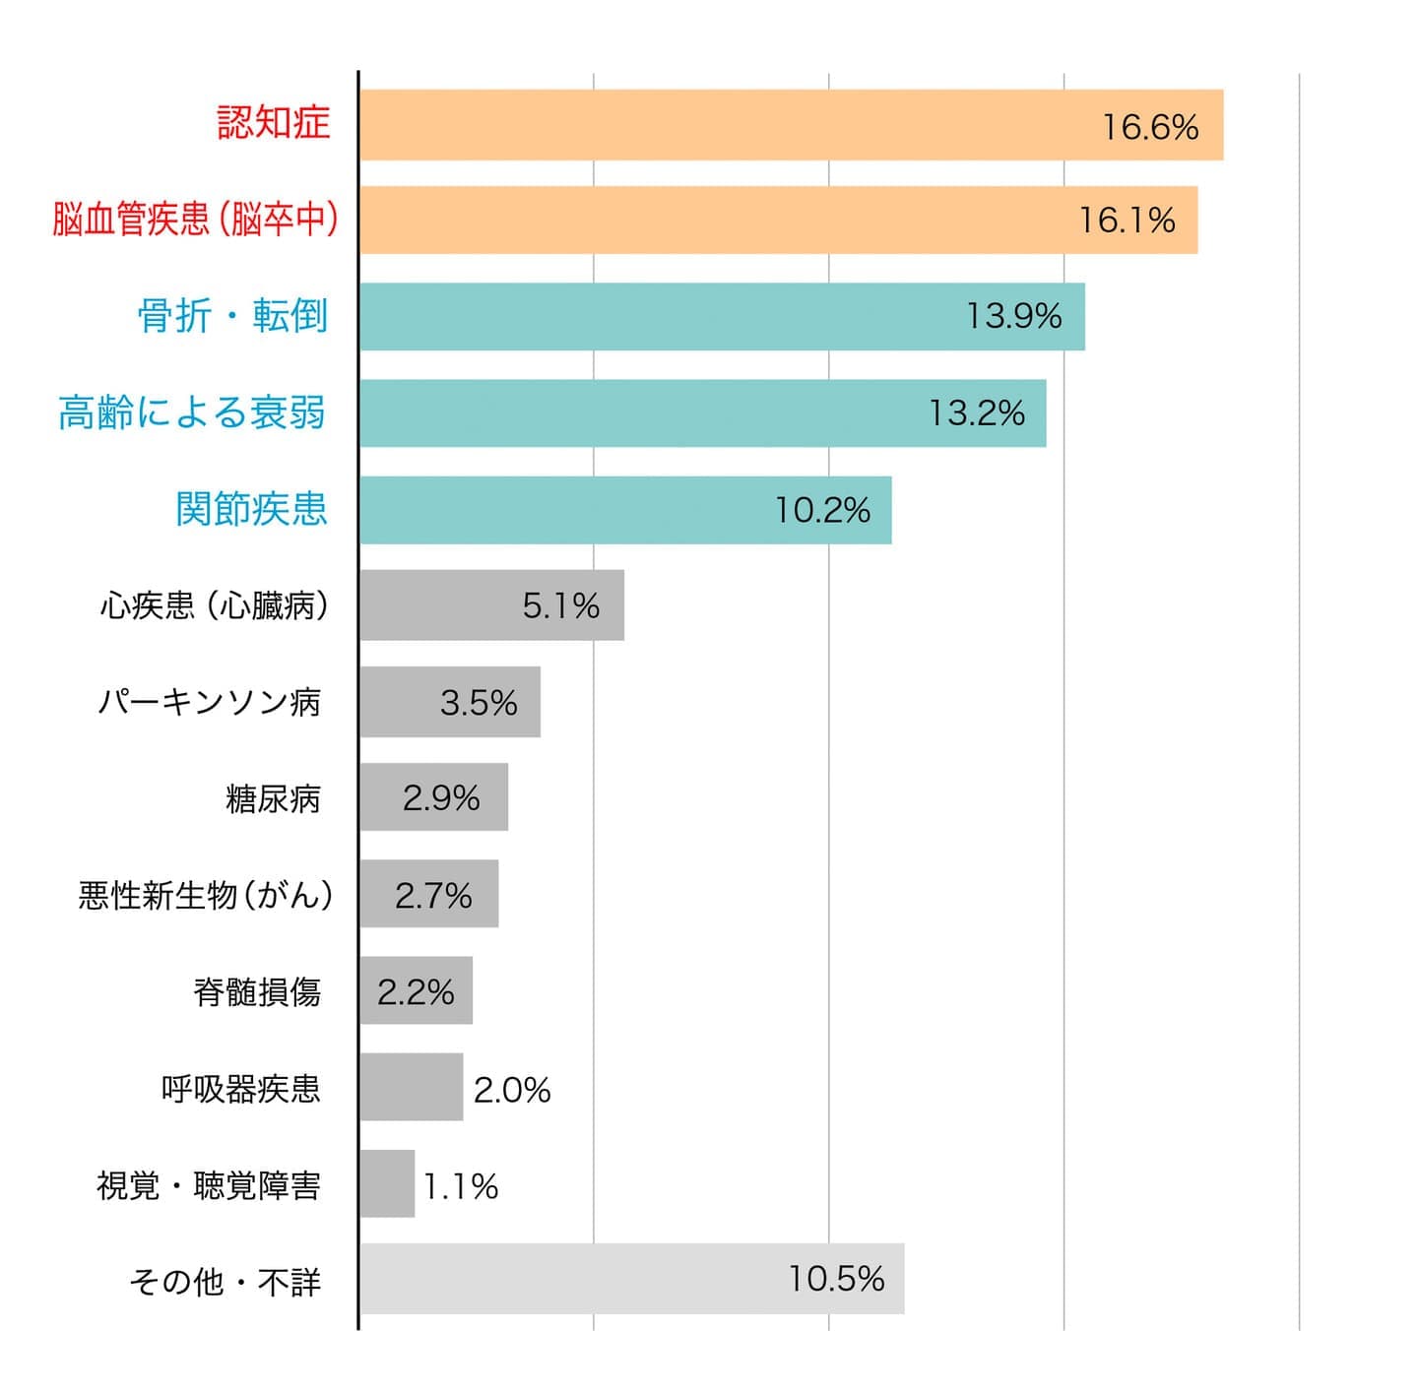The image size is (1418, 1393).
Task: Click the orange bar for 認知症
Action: [729, 125]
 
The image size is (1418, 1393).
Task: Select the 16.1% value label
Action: [1127, 220]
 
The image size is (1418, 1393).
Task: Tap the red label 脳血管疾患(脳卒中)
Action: [195, 219]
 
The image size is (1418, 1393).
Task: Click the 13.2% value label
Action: [977, 412]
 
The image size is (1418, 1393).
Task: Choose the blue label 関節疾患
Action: [251, 509]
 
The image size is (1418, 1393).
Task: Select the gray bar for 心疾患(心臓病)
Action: [443, 605]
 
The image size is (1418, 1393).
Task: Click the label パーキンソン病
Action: [209, 702]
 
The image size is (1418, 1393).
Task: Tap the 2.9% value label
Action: [441, 797]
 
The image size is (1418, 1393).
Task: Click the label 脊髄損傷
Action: [257, 991]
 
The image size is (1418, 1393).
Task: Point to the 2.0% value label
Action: [512, 1090]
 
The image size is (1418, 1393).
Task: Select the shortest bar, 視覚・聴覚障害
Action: [387, 1184]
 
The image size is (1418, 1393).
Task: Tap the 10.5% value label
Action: [836, 1279]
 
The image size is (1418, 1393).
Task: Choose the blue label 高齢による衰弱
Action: [192, 412]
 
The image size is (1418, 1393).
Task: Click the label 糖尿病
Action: [273, 798]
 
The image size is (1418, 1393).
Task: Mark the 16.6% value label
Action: [1150, 127]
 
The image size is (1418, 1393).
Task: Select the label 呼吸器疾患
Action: [241, 1089]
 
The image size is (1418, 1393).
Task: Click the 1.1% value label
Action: [461, 1186]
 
